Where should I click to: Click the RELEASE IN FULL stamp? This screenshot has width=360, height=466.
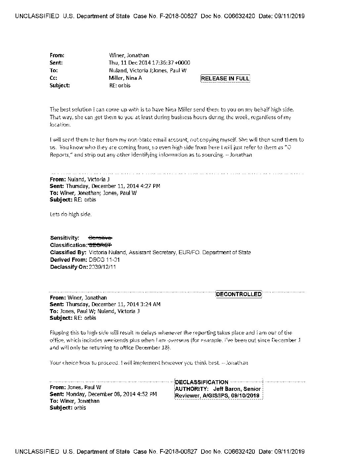pyautogui.click(x=225, y=78)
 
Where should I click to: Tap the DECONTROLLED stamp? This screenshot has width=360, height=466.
pyautogui.click(x=239, y=294)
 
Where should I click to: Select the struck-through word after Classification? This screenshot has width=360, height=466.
pyautogui.click(x=100, y=245)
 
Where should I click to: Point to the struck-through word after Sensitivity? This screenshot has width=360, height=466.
pyautogui.click(x=101, y=238)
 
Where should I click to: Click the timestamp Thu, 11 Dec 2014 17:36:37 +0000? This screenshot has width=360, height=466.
pyautogui.click(x=150, y=63)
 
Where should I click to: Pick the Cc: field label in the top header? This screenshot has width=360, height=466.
pyautogui.click(x=53, y=78)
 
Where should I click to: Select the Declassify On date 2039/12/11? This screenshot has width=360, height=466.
pyautogui.click(x=103, y=267)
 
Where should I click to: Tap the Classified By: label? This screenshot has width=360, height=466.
pyautogui.click(x=68, y=252)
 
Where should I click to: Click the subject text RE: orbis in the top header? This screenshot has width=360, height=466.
pyautogui.click(x=120, y=85)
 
